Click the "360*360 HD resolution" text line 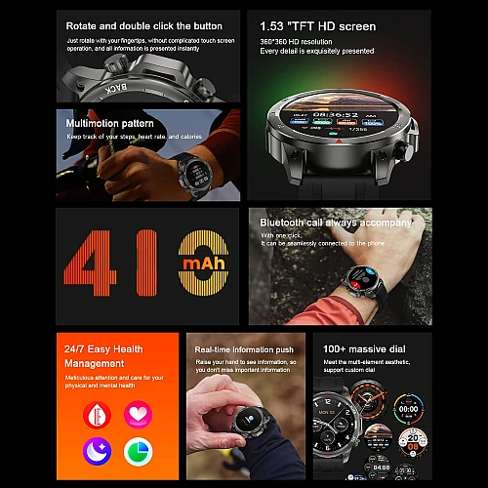pos(299,41)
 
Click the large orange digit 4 pos(94,265)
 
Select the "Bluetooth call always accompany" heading pos(330,224)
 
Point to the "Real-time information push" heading pos(243,349)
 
